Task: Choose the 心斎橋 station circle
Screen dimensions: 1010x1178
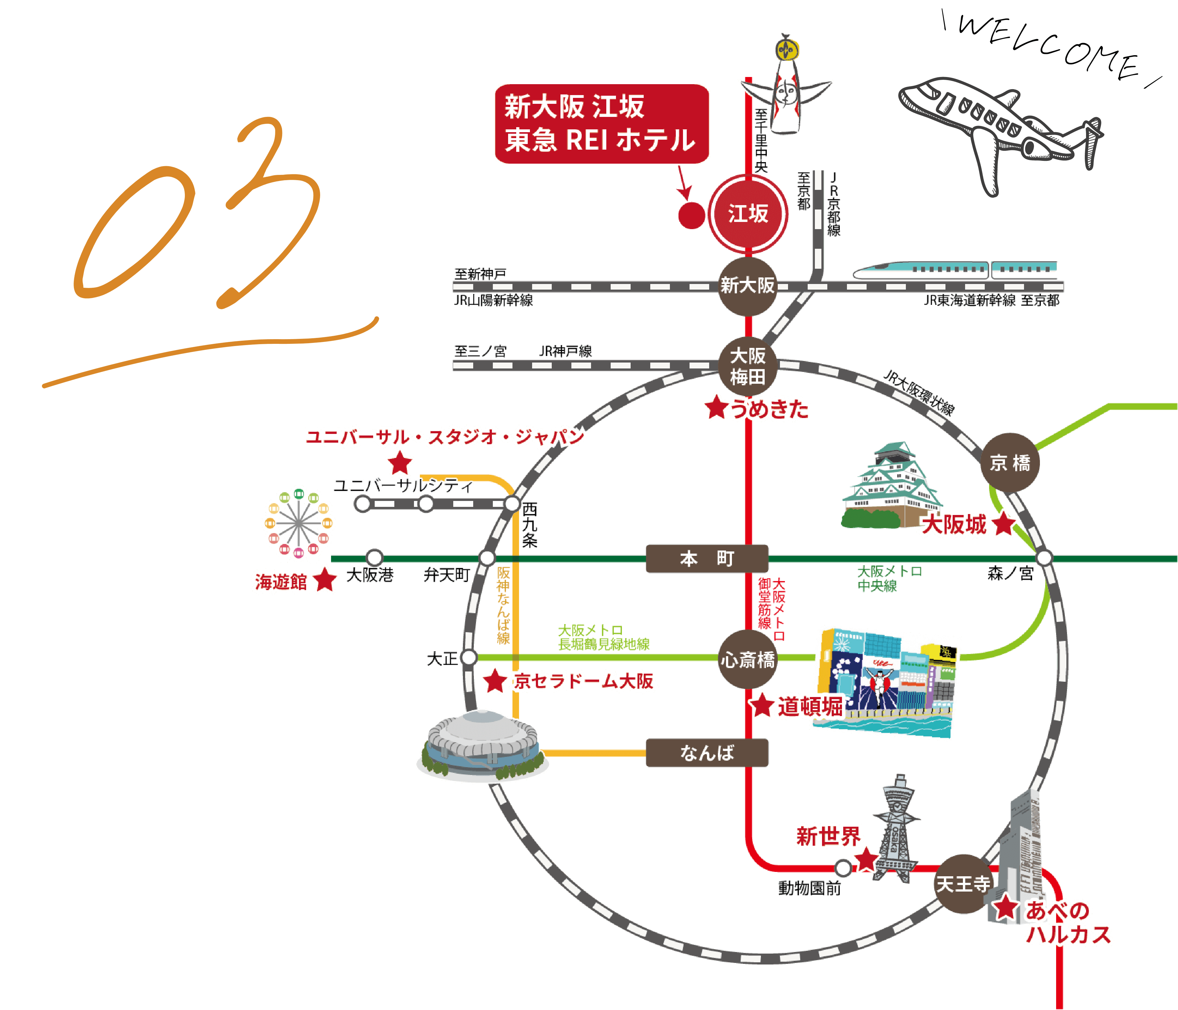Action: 748,660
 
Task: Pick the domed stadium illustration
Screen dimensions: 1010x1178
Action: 482,745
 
